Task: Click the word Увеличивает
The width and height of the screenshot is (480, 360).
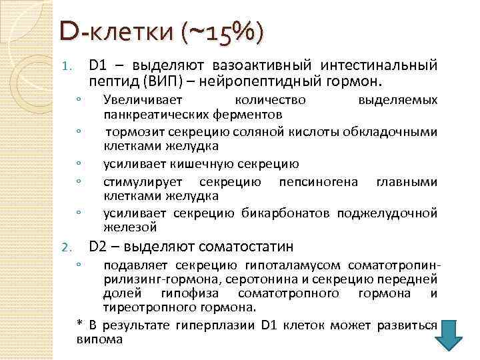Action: coord(137,100)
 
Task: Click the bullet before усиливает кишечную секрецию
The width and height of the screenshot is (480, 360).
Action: coord(79,164)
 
